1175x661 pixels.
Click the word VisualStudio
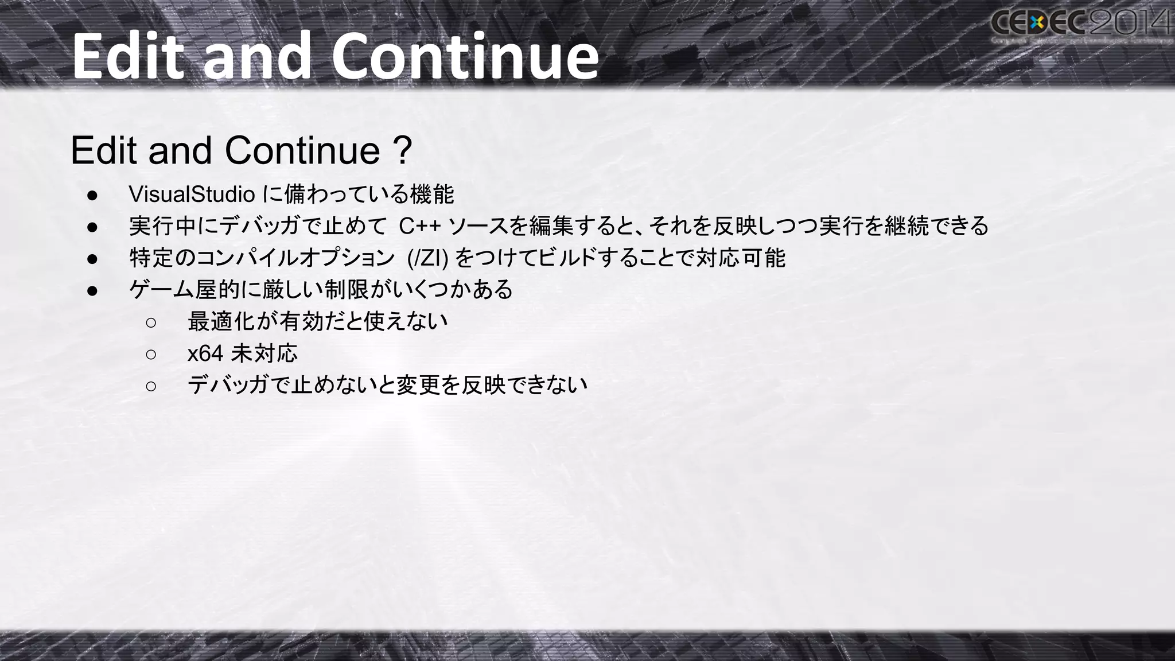tap(192, 195)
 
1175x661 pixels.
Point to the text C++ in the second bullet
tap(419, 226)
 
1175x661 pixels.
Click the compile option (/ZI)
tap(427, 258)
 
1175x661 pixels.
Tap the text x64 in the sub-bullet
tap(205, 353)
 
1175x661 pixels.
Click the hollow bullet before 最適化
tap(151, 322)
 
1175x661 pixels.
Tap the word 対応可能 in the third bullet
tap(740, 258)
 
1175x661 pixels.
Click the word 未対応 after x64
tap(264, 353)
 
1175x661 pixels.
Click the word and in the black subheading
tap(180, 151)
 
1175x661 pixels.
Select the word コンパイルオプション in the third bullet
tap(295, 258)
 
